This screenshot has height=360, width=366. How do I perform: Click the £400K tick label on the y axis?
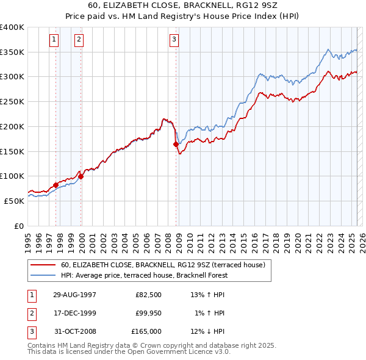coord(12,27)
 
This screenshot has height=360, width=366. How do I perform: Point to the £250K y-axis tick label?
coord(12,102)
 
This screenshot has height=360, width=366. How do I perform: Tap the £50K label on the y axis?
coord(15,201)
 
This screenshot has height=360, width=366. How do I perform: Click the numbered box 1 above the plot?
coord(54,40)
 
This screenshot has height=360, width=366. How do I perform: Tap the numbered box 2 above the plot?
coord(79,40)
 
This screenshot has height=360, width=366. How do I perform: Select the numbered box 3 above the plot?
coord(174,40)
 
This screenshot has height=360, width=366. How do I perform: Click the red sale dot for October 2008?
coord(176,145)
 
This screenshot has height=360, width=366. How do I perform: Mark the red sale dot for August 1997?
coord(56,185)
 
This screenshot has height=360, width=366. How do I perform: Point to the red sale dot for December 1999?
coord(81,176)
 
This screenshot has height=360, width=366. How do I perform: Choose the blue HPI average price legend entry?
coord(143,275)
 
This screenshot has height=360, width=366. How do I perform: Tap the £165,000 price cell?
coord(146,331)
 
